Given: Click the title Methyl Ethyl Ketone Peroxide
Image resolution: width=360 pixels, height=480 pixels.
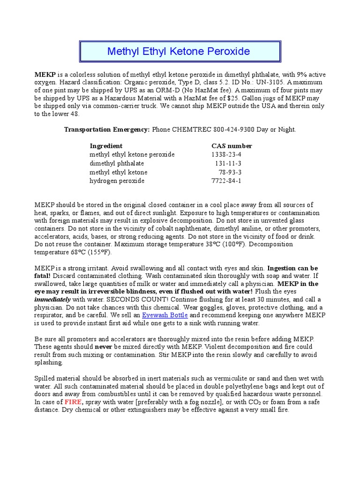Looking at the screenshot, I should point(179,51).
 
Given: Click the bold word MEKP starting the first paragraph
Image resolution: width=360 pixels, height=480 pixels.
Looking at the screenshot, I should point(45,75).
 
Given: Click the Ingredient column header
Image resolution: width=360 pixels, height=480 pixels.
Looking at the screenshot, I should point(106,146).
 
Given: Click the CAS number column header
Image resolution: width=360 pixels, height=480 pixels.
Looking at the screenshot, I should point(232,146).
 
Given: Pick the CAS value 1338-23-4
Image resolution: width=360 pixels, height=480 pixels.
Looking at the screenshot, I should point(227,154).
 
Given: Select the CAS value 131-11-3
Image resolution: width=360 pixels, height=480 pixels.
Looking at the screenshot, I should point(228,163).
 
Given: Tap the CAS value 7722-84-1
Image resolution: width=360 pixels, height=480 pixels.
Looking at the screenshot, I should point(227,180).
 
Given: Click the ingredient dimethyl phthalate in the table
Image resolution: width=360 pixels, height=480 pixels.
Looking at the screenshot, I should point(117,163).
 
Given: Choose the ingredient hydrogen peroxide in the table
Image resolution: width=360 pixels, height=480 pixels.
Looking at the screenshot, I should point(117,180).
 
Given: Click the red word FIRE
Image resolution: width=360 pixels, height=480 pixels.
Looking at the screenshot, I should point(73,402).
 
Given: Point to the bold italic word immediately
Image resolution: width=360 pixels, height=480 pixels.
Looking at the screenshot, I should point(52,299).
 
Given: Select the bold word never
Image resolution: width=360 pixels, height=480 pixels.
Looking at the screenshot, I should point(104,346).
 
